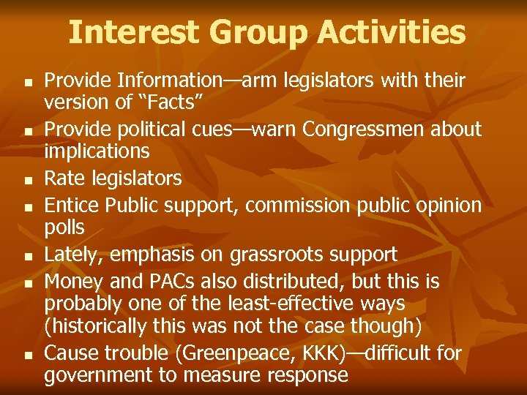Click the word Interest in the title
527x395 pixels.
click(x=133, y=32)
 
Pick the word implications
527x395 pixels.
click(x=97, y=151)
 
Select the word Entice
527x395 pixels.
click(x=72, y=206)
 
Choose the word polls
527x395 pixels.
click(x=64, y=227)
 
